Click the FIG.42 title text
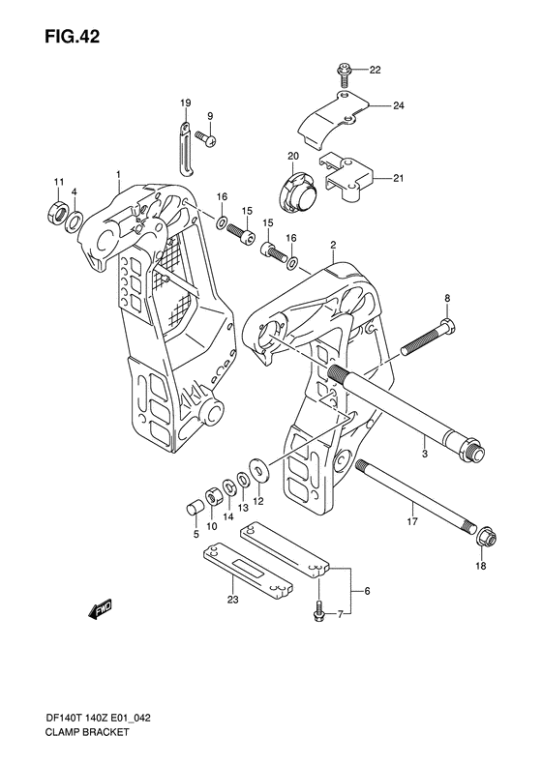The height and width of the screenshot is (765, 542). click(x=73, y=37)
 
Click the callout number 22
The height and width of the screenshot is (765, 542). click(x=375, y=70)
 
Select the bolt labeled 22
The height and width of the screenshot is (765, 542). click(x=343, y=74)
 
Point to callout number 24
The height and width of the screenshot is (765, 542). click(x=399, y=105)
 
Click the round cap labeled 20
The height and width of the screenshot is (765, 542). click(x=298, y=192)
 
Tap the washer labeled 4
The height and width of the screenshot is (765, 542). click(x=75, y=221)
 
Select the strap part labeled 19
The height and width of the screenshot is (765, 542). click(x=186, y=148)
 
